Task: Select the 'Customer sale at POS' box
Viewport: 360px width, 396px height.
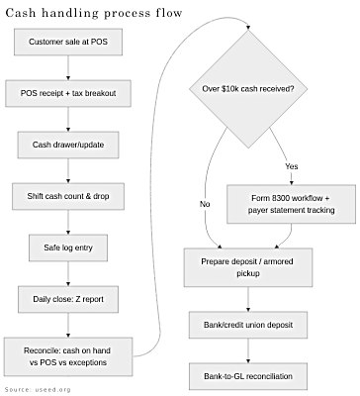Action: click(x=66, y=43)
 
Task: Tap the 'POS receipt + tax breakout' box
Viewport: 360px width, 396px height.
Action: click(x=66, y=94)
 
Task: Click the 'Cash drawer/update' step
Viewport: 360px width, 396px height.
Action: click(x=66, y=145)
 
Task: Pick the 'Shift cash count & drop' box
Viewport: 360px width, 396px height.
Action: click(x=66, y=196)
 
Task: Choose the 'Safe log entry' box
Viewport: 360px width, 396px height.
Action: click(x=66, y=247)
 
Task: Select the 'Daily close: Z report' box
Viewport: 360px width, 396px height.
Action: click(x=66, y=298)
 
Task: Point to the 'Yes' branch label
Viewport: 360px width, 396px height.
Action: click(x=292, y=165)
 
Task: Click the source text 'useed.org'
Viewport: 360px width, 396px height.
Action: click(x=51, y=390)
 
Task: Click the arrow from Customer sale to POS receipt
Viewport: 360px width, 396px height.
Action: click(x=66, y=68)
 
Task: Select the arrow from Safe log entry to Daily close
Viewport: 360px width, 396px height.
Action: click(x=66, y=272)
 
